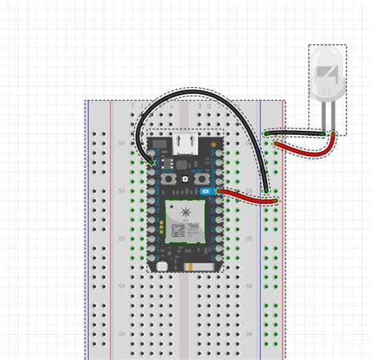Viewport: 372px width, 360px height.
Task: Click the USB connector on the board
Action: [x=185, y=144]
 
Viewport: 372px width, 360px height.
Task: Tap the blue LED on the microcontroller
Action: [x=206, y=191]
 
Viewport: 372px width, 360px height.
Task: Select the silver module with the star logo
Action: [x=185, y=220]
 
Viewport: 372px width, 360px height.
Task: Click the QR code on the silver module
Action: [x=178, y=231]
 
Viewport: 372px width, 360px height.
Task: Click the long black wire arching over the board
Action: [x=200, y=96]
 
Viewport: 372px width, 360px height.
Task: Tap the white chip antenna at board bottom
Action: [x=199, y=267]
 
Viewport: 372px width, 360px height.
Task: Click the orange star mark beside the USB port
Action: [x=213, y=144]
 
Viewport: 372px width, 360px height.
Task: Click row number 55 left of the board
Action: [x=120, y=191]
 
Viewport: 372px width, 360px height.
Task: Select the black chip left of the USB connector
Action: [x=159, y=144]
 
